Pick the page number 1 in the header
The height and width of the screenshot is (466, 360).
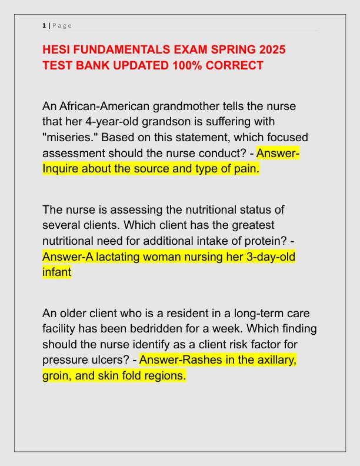coord(44,25)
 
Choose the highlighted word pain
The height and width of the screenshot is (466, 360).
coord(245,169)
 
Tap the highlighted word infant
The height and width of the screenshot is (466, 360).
coord(56,272)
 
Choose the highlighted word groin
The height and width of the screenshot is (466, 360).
coord(57,375)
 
